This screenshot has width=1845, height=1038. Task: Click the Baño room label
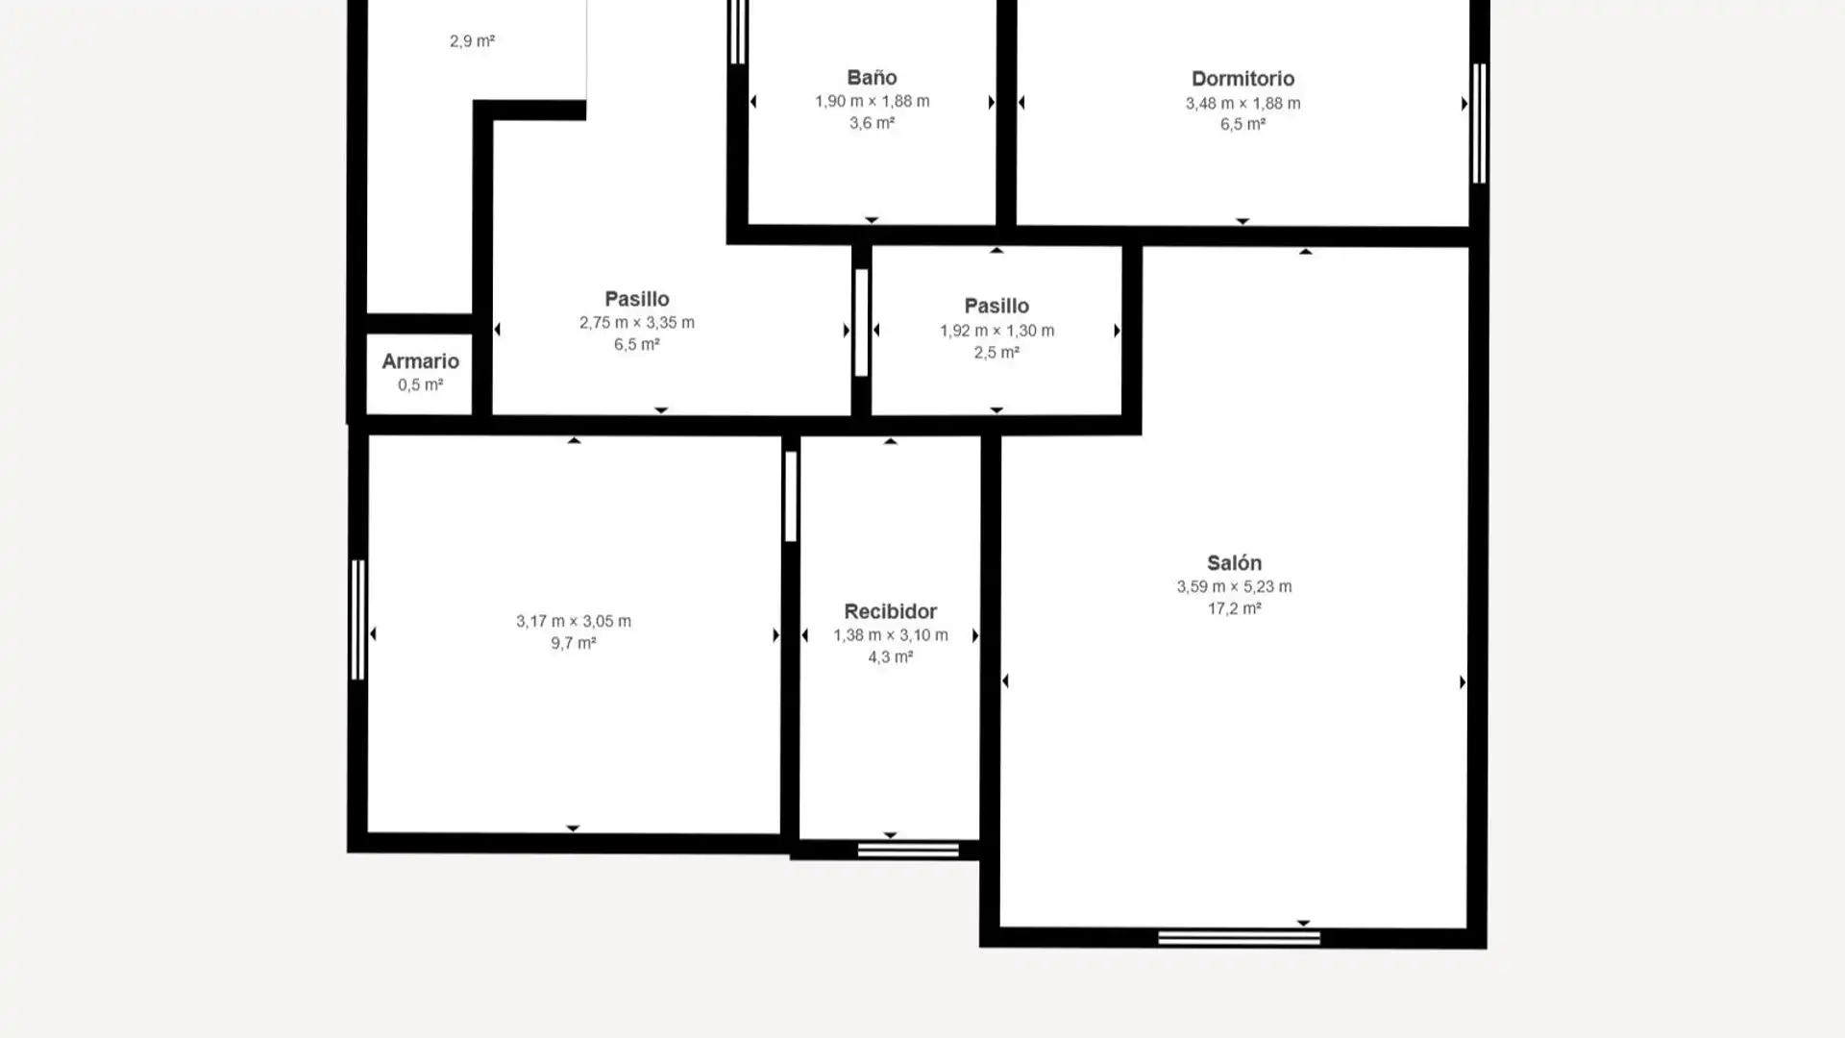(872, 78)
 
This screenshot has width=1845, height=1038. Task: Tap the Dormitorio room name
(1242, 79)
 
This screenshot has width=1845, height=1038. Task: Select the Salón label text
(1234, 563)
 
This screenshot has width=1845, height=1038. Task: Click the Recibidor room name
(890, 611)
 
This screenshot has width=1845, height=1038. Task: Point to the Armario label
(420, 361)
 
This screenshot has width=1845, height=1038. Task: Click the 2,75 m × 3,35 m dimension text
(636, 323)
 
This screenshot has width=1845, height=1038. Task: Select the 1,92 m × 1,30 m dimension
(996, 331)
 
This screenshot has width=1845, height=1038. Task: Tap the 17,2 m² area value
(1234, 608)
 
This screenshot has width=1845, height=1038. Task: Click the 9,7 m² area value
(573, 643)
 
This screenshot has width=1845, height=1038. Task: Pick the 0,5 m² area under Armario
(420, 385)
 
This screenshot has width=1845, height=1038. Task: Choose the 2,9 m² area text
(472, 41)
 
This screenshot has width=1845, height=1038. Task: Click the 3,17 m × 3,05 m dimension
(573, 621)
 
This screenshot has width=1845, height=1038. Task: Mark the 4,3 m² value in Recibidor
(890, 657)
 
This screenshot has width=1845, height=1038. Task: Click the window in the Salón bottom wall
(1239, 938)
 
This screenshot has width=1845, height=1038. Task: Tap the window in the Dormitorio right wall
(1479, 123)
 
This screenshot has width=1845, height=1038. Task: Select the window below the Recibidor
(908, 850)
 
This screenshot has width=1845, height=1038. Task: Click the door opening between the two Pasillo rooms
(861, 323)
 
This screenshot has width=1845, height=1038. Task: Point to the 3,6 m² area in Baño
(872, 123)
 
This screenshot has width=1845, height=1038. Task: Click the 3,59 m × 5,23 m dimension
(1234, 586)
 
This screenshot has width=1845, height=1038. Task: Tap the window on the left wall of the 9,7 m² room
(357, 620)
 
